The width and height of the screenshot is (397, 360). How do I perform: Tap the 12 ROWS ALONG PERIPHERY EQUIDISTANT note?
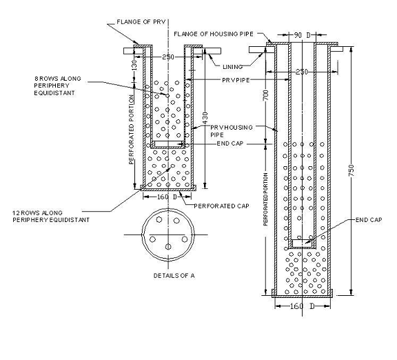[x=51, y=216]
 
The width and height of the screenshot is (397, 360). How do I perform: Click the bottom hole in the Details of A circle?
[x=169, y=246]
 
